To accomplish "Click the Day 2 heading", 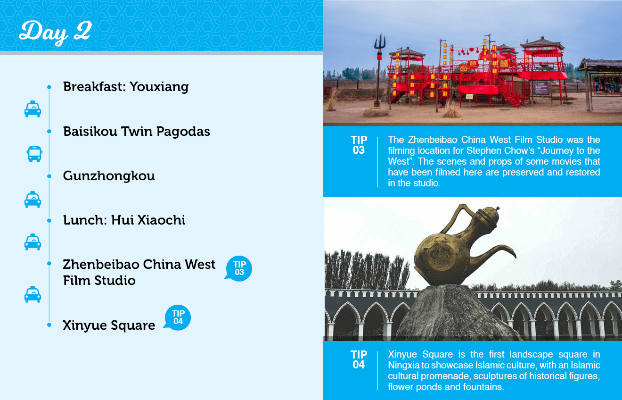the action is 55,32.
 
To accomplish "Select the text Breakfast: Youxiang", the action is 126,86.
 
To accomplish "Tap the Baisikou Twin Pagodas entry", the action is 136,131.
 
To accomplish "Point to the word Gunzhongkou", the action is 109,176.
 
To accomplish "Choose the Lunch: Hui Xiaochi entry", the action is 124,220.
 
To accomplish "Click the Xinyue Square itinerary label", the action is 109,325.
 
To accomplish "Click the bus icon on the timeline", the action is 34,154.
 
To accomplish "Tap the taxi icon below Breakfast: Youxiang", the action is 33,109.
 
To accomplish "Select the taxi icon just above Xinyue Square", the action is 33,294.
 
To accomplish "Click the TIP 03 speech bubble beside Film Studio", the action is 238,268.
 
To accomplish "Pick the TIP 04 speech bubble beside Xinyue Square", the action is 178,317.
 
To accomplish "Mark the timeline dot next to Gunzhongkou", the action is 49,176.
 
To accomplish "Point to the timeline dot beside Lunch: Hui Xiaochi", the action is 49,221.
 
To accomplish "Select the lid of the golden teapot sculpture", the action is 489,214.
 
